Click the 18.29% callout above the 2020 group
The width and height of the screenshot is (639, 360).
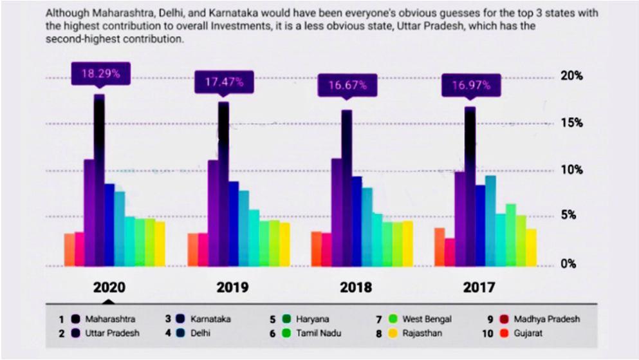(x=100, y=74)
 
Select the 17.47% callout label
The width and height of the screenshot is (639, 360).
(x=224, y=82)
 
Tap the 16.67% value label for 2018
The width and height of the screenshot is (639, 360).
(x=347, y=85)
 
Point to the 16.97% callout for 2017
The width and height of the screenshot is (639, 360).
(x=471, y=85)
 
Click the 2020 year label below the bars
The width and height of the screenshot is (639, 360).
(x=109, y=287)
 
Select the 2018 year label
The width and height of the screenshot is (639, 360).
(x=356, y=287)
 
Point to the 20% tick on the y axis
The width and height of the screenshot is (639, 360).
(x=571, y=76)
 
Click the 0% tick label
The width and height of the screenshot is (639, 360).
(x=568, y=264)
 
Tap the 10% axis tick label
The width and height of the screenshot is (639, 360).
(x=571, y=169)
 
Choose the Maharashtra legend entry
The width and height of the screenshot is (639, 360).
(x=103, y=319)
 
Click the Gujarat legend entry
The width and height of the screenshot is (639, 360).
(x=522, y=333)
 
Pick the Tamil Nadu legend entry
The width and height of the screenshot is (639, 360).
(x=311, y=333)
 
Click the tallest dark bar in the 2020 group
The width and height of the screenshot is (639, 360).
(x=100, y=180)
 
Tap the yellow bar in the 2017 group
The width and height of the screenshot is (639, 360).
(x=531, y=248)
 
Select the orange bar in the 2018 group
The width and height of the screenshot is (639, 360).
(x=316, y=249)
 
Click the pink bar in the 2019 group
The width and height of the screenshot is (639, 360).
(x=203, y=249)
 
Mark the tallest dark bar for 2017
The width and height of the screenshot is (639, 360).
(x=470, y=186)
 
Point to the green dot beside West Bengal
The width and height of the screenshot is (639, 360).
(x=393, y=319)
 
